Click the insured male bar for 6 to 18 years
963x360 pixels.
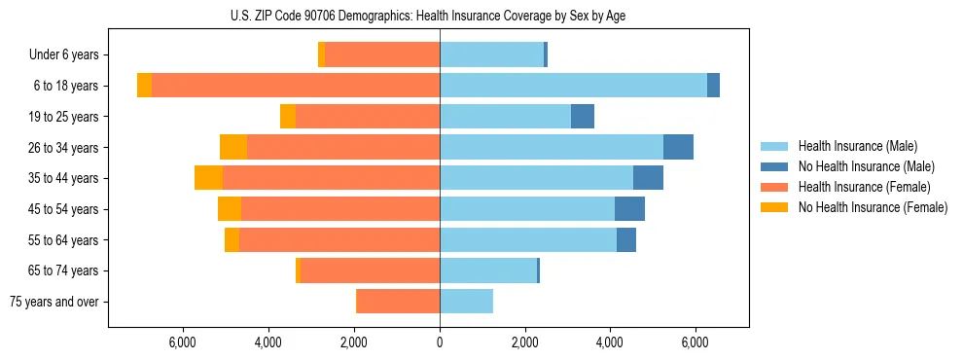[573, 86]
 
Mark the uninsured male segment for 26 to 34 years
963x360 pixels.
[678, 147]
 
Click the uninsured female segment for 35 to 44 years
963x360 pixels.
[208, 178]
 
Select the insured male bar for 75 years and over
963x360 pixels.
[466, 302]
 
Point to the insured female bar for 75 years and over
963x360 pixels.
[398, 302]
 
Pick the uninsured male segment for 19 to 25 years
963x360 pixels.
[582, 117]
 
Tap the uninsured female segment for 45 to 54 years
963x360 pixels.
[229, 209]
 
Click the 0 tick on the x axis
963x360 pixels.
[440, 342]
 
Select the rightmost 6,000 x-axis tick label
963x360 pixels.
[695, 342]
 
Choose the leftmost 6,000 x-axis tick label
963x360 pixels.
[184, 342]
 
